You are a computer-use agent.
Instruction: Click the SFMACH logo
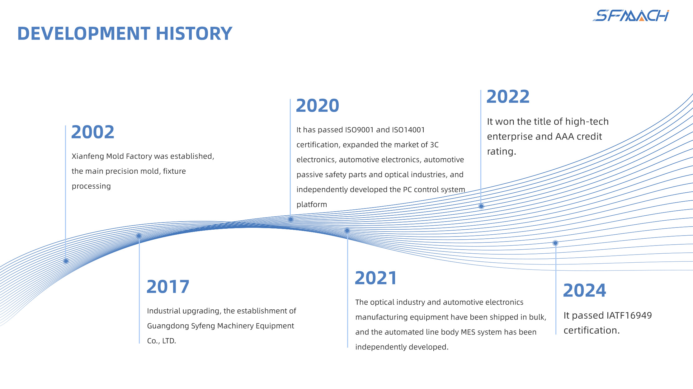click(x=631, y=16)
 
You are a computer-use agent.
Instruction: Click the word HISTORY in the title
click(x=194, y=34)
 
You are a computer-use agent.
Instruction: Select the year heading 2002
click(x=93, y=132)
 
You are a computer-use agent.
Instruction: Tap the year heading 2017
click(x=168, y=287)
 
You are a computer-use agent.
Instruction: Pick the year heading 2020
click(x=318, y=105)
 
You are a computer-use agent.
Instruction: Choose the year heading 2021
click(x=376, y=278)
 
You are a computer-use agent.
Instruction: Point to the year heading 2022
click(x=508, y=96)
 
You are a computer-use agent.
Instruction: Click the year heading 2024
click(x=585, y=290)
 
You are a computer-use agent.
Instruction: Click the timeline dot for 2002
click(x=66, y=261)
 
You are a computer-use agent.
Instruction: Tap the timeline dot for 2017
click(x=139, y=236)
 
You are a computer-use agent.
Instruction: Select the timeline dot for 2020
click(x=291, y=219)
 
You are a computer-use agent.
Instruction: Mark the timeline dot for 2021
click(x=347, y=231)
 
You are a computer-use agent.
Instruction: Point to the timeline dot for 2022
click(x=481, y=206)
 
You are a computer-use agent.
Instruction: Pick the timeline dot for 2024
click(x=555, y=243)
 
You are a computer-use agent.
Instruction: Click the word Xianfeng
click(x=88, y=157)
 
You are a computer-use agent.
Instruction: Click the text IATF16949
click(x=629, y=316)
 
